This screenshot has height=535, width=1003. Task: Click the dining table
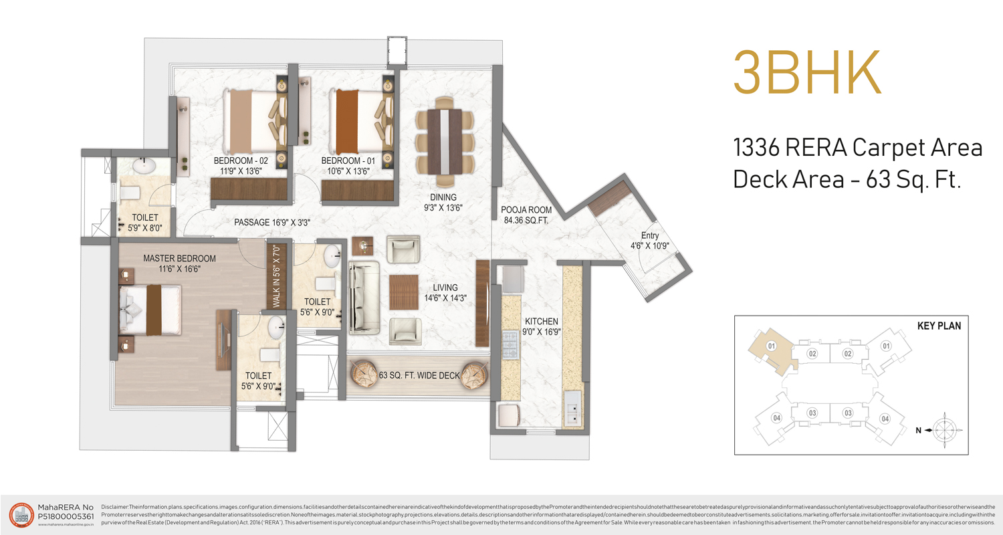click(445, 141)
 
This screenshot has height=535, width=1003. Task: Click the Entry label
click(650, 235)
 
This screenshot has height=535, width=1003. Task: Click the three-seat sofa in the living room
click(364, 298)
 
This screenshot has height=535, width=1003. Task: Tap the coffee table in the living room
click(403, 292)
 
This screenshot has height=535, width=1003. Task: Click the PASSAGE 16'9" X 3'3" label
click(271, 222)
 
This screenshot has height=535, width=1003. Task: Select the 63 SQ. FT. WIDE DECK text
click(419, 376)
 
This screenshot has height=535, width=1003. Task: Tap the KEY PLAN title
click(939, 327)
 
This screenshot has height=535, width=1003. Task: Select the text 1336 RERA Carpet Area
click(858, 148)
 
